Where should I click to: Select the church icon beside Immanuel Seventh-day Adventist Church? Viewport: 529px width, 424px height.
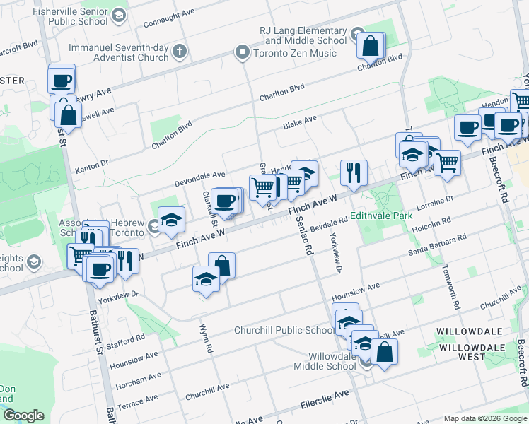[180, 51]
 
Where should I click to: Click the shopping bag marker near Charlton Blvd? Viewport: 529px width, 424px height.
[370, 47]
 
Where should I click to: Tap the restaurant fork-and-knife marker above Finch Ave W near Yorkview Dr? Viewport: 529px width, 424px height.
[353, 172]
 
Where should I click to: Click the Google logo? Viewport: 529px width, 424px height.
[23, 416]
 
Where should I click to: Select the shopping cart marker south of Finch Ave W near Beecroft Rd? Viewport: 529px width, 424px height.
[447, 163]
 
